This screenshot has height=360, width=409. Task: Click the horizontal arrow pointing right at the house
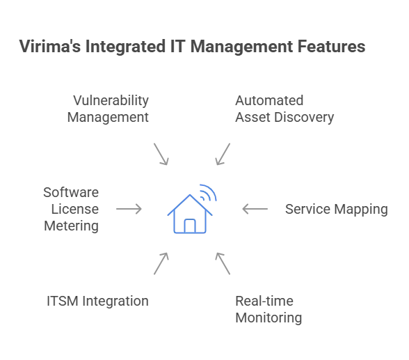pos(127,208)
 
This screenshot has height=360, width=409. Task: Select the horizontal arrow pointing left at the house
pos(255,208)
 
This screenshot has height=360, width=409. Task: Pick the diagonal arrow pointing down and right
pos(161,153)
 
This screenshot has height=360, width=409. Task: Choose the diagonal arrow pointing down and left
pos(223,153)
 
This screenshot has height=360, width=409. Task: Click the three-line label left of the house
pos(72,208)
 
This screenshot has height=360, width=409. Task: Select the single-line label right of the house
pos(337,209)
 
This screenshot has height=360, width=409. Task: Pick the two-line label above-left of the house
pos(109,107)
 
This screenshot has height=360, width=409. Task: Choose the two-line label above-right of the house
pos(281,107)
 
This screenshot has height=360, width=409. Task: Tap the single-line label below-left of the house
pos(97,302)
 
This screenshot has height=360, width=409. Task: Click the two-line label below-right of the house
pos(269,310)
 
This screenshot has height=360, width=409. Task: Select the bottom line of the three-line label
pos(72,226)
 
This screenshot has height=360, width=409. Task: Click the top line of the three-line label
pos(72,190)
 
